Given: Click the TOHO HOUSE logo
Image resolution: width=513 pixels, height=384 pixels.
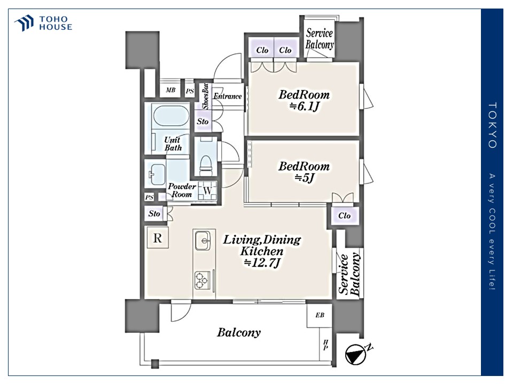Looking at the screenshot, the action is [x=43, y=23].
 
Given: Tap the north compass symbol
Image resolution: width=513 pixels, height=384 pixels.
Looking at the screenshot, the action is [x=358, y=353].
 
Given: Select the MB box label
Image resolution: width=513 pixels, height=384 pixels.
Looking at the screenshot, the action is [x=170, y=90].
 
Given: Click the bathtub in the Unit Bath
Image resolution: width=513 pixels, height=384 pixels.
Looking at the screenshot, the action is [x=171, y=116].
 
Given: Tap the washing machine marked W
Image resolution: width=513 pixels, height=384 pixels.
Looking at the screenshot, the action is [x=207, y=190].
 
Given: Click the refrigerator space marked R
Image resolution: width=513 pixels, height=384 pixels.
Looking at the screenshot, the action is [x=157, y=238].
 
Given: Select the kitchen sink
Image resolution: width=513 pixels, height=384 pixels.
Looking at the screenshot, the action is [x=203, y=241].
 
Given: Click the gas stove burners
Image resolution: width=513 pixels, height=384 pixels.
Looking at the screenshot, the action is [x=201, y=281].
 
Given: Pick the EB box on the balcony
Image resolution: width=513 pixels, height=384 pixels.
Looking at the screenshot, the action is [x=320, y=315].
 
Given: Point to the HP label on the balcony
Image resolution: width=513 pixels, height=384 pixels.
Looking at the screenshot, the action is [x=325, y=345].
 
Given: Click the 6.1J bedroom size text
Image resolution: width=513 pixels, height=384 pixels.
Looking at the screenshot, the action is [x=304, y=107].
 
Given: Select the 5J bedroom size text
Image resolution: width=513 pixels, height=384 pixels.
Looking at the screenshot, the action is [x=304, y=178].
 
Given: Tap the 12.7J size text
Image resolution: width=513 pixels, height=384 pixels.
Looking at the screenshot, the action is [x=262, y=262].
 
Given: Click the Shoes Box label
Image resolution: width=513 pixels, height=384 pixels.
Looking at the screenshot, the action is [x=205, y=97].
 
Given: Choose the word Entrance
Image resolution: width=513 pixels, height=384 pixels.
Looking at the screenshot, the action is [x=228, y=96].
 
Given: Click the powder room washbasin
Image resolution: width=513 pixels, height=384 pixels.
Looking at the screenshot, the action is [x=157, y=174].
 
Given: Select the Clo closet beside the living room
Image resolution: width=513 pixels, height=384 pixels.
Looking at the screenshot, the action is [x=345, y=215].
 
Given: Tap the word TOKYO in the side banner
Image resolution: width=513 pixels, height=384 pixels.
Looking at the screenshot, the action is [x=492, y=125].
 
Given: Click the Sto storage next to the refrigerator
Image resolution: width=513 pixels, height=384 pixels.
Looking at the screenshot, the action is [x=154, y=213].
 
